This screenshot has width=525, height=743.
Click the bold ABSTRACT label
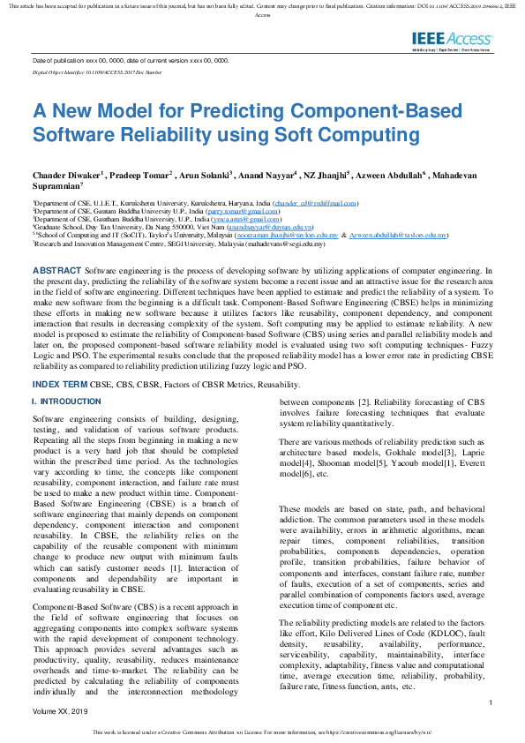click(x=56, y=268)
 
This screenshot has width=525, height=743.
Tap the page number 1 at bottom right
click(x=490, y=702)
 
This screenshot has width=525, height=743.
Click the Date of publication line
click(x=130, y=61)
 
